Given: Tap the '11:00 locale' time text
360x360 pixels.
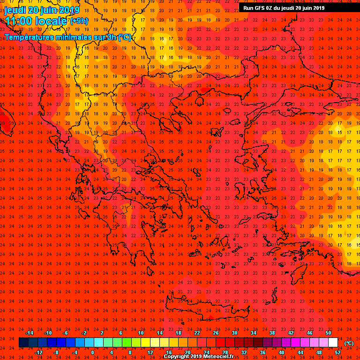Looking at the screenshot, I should point(36,21).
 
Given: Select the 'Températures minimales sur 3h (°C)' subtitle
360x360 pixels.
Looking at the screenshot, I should point(68,37).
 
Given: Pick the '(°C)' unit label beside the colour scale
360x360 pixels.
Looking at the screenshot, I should point(349,343).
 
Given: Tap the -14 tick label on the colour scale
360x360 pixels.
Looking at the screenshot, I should point(29,333).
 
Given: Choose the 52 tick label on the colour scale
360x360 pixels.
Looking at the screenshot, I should point(337,352).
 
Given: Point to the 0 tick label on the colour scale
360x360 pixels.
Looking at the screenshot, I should point(92,352).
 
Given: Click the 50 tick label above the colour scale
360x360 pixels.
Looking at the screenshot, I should point(328,333).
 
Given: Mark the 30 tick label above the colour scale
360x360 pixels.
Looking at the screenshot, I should point(234,333).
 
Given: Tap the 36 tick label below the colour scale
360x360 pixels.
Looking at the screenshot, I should point(262,352).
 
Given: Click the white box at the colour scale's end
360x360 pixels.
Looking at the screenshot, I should point(333,343).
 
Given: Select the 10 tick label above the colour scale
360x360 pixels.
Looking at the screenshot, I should point(140,333).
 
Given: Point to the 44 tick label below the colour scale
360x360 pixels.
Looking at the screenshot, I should point(300,352).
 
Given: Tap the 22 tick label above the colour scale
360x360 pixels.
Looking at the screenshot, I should point(197,333).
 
